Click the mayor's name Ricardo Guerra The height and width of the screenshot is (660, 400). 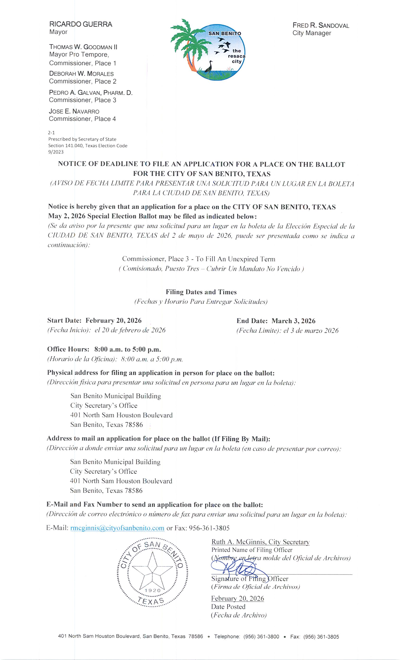(81, 24)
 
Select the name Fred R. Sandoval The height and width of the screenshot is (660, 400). (321, 26)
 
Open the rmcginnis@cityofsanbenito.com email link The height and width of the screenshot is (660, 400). (117, 528)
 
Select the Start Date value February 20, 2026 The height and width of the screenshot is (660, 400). (113, 320)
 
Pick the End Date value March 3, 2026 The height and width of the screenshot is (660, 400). (293, 321)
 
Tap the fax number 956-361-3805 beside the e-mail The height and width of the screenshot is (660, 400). (209, 528)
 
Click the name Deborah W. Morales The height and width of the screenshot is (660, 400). (81, 74)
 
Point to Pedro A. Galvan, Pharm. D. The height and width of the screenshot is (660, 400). (91, 93)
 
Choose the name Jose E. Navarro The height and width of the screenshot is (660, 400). (74, 112)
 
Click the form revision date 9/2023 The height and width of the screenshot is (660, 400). (56, 152)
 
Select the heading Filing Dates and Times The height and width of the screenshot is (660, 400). (201, 292)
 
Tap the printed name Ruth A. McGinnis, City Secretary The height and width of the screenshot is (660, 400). (260, 542)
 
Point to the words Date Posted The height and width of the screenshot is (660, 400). (228, 607)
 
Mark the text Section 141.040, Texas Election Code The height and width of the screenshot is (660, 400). (88, 146)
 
